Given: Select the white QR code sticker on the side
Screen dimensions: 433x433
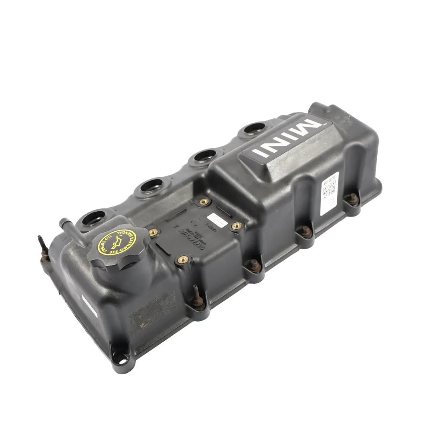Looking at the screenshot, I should pyautogui.click(x=330, y=188).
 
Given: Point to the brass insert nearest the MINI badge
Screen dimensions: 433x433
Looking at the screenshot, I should pyautogui.click(x=204, y=202).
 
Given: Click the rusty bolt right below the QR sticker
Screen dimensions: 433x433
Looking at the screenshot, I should pyautogui.click(x=353, y=199).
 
